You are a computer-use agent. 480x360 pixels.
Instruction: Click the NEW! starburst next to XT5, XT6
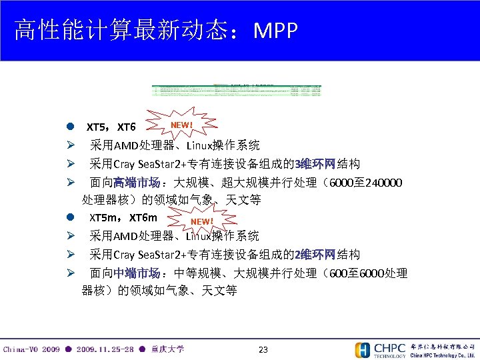click(181, 125)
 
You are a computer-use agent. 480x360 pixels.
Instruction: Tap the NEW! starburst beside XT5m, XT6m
click(201, 221)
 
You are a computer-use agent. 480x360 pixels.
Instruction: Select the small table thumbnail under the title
click(237, 90)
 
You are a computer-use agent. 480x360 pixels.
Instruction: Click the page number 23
click(263, 349)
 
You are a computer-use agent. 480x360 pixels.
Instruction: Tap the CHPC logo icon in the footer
click(363, 350)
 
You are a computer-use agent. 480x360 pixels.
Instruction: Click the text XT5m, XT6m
click(123, 218)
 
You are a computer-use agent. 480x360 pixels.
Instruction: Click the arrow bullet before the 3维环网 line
click(69, 164)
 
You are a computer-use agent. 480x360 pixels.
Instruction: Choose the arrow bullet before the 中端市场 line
click(69, 273)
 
